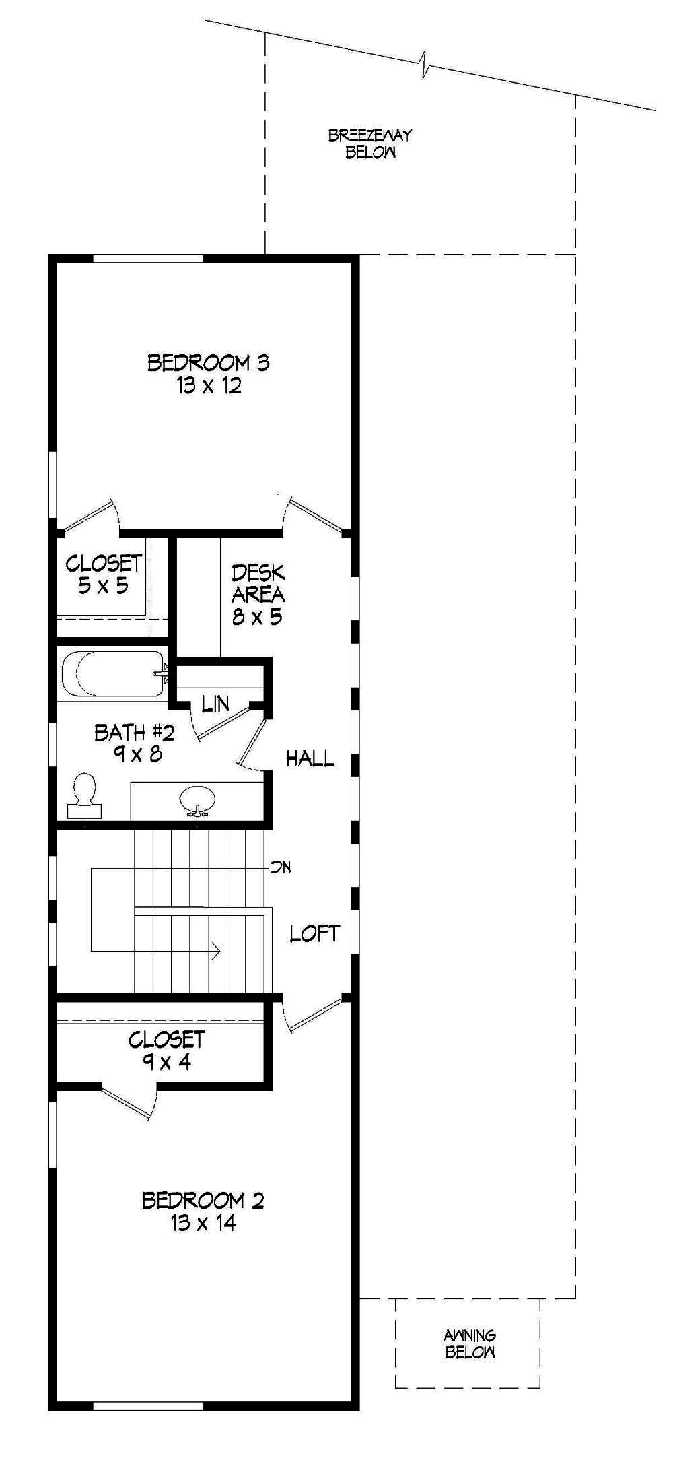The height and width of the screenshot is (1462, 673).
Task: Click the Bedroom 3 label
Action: (208, 363)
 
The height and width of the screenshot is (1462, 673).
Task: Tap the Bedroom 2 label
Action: (203, 1200)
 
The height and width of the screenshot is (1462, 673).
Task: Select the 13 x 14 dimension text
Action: (203, 1223)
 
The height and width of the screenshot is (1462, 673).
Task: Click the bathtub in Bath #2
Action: (112, 673)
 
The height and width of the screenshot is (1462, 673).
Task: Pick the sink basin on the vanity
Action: (197, 799)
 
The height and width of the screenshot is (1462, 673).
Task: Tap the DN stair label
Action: (281, 867)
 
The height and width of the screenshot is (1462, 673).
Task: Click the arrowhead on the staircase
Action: (216, 951)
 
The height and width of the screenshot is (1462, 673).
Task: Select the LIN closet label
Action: (215, 704)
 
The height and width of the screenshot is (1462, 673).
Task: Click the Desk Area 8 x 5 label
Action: (258, 595)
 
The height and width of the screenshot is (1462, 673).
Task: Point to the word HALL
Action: (310, 759)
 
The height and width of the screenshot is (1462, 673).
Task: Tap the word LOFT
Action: (314, 933)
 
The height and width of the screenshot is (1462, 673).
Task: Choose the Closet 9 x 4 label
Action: (166, 1051)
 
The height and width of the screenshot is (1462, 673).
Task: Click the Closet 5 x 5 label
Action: (104, 574)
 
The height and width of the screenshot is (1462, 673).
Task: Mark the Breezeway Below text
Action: (370, 143)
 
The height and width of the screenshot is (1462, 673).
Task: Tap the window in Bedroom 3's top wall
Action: (148, 258)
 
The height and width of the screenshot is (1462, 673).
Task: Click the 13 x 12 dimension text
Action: (209, 386)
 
